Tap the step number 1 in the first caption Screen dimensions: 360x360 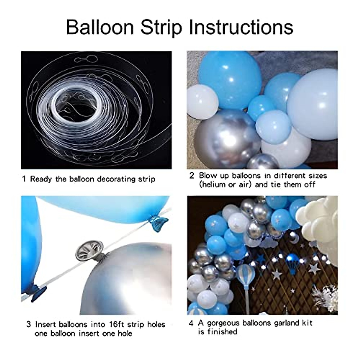click(x=24, y=179)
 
